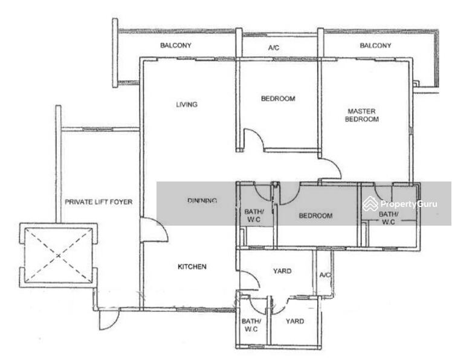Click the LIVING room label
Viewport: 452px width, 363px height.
coord(187,105)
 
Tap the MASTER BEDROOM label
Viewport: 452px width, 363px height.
coord(362,115)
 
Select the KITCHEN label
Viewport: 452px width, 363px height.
coord(192,267)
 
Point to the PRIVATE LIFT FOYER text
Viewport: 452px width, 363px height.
coord(98,202)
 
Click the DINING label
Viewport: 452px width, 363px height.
coord(202,200)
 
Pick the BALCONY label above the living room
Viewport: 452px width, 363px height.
coord(176,45)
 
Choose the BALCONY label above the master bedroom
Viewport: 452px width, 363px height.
coord(375,45)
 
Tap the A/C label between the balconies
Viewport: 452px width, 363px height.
coord(274,48)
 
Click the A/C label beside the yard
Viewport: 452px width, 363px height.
coord(325,275)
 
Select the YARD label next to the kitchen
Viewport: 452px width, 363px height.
coord(282,271)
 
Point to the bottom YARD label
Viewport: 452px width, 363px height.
coord(295,321)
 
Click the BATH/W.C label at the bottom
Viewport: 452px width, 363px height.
coord(251,325)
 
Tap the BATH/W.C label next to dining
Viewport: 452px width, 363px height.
coord(254,215)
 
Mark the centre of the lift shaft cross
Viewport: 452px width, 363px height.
coord(59,255)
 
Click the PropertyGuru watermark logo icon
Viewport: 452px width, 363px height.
coord(370,204)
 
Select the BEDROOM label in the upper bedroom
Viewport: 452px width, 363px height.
coord(278,99)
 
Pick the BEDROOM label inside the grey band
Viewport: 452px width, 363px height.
coord(315,215)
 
